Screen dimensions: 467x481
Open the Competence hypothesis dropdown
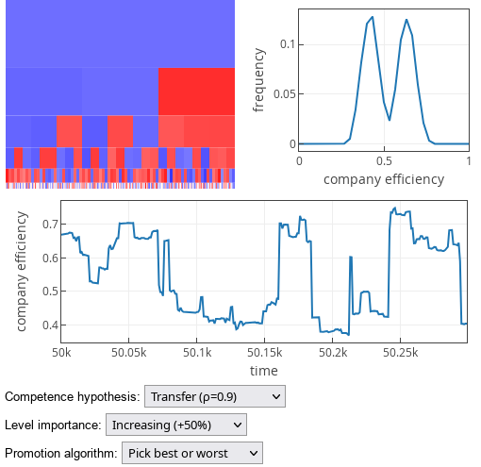tap(214, 397)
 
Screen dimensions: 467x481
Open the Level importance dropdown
tap(175, 425)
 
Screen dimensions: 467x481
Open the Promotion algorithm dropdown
tap(191, 454)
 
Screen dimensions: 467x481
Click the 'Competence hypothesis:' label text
tap(73, 397)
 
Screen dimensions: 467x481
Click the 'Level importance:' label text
tap(53, 425)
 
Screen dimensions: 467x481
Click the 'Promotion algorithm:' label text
tap(61, 454)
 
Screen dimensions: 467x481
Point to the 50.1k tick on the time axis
tap(196, 351)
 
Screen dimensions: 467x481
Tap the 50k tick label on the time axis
tap(61, 351)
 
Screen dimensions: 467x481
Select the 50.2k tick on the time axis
tap(332, 351)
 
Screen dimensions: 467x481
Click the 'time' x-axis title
tap(264, 370)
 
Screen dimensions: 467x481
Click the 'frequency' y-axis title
tap(259, 79)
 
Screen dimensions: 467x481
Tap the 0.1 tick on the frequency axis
tap(289, 44)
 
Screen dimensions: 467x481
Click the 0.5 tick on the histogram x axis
tap(384, 160)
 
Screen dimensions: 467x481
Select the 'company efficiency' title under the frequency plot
tap(383, 178)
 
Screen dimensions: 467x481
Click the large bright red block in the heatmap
tap(195, 91)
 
